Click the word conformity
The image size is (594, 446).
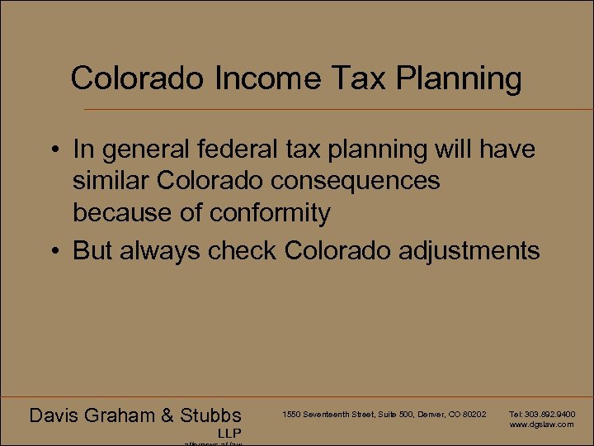click(x=270, y=212)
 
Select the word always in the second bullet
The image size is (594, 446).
click(x=159, y=250)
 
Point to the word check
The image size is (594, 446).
click(x=244, y=250)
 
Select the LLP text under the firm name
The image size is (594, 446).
click(x=229, y=434)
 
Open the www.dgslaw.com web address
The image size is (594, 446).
click(x=541, y=425)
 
